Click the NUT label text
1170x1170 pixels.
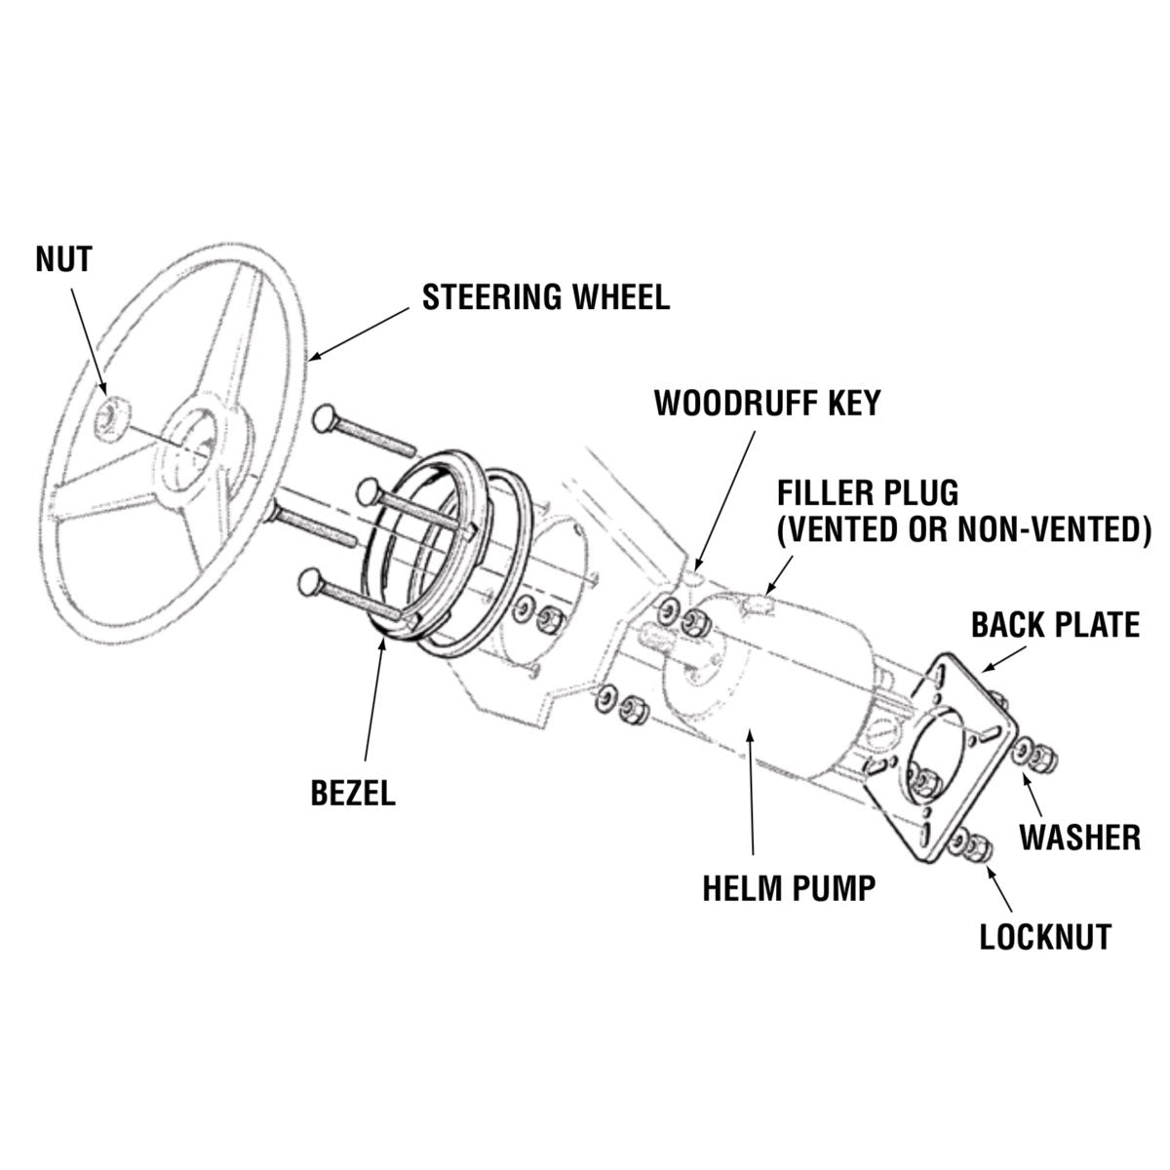click(63, 259)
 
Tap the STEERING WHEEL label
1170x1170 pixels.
click(546, 297)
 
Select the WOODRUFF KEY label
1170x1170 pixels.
click(766, 402)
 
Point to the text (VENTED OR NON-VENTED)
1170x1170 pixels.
click(963, 528)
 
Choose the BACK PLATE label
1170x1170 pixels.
click(1055, 625)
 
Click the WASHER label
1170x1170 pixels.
click(1079, 836)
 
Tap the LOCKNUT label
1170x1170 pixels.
click(1045, 937)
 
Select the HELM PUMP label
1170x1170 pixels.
click(789, 887)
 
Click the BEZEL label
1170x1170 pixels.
click(353, 793)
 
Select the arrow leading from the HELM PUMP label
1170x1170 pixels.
click(751, 799)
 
